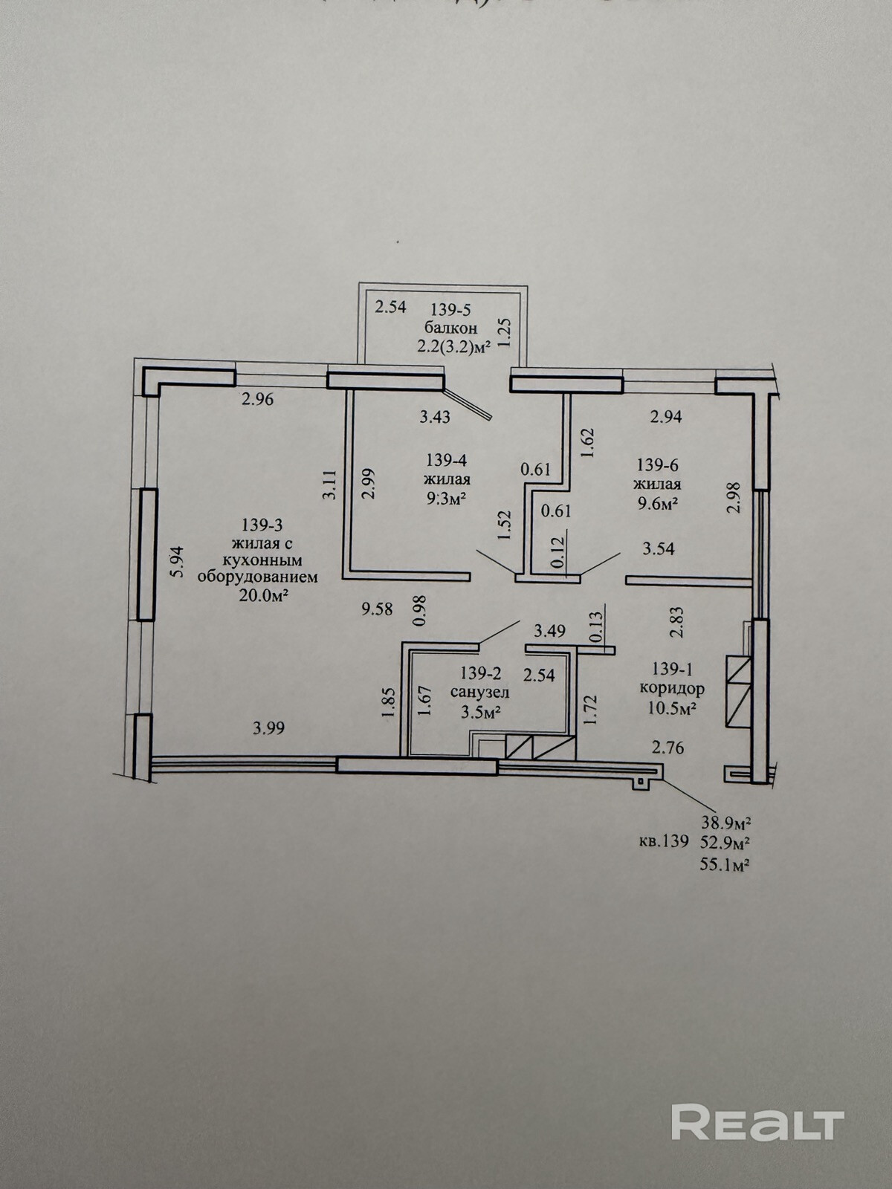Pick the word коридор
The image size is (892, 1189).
[672, 688]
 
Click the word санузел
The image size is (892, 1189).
[480, 693]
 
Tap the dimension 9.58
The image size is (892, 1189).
[376, 609]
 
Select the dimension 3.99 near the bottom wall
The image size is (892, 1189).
[268, 728]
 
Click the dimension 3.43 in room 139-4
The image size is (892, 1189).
[435, 417]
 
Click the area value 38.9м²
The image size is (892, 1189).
[724, 823]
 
